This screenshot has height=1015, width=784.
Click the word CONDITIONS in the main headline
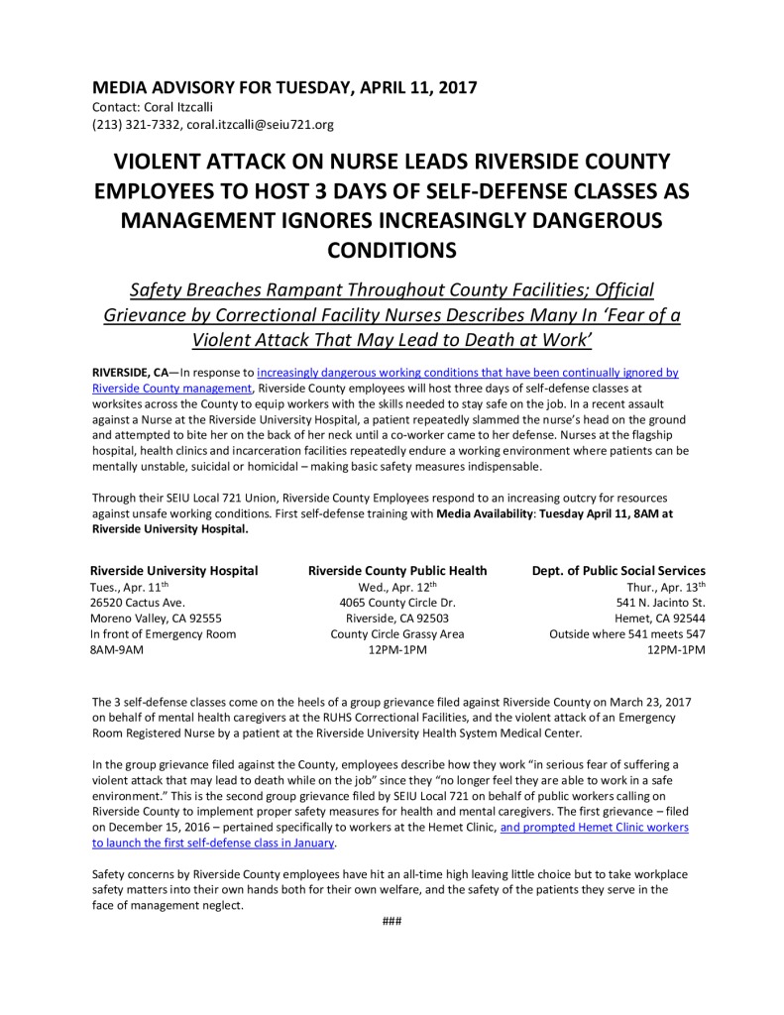[392, 250]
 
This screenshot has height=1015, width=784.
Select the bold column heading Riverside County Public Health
[397, 571]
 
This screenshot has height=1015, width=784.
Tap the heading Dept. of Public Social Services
[618, 571]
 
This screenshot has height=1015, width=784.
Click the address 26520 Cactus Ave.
[137, 602]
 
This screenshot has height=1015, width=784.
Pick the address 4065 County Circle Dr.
[397, 602]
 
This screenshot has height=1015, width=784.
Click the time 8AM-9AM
[116, 649]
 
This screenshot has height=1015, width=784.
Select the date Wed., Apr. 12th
[397, 586]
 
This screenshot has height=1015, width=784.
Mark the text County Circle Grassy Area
[397, 633]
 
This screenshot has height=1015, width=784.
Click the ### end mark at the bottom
[392, 921]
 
